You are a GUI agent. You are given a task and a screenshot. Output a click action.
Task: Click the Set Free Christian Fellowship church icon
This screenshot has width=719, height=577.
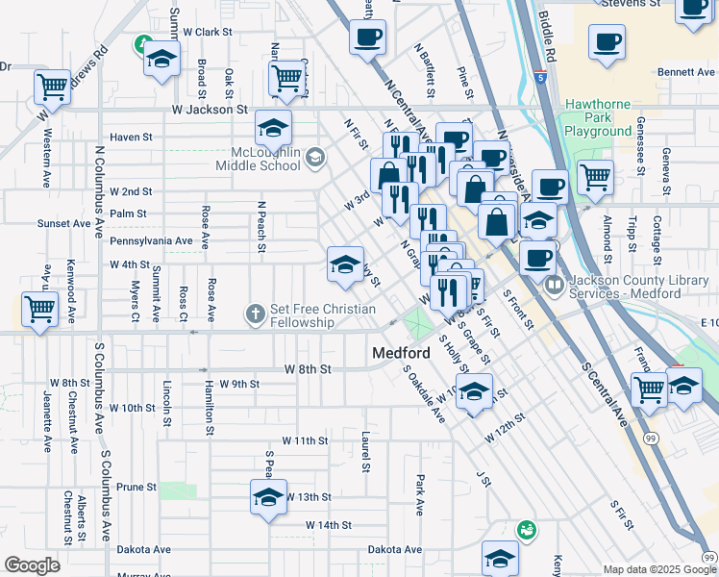click(255, 314)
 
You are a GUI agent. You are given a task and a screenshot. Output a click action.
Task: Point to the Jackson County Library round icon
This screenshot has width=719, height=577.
click(555, 286)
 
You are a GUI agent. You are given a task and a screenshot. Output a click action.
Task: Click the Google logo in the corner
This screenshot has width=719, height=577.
click(32, 565)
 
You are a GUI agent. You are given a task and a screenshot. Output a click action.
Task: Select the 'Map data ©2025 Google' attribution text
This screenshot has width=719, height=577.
click(659, 569)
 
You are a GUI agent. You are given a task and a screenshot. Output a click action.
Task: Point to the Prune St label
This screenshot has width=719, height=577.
click(136, 488)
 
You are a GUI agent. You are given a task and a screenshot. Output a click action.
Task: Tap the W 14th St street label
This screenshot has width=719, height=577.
click(329, 525)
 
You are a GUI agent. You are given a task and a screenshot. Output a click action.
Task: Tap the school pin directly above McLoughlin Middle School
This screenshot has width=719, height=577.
click(273, 127)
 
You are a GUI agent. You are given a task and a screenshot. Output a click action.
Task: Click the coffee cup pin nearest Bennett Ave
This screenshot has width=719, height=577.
click(607, 43)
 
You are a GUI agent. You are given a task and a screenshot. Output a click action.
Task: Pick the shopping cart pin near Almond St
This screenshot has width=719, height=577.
click(595, 177)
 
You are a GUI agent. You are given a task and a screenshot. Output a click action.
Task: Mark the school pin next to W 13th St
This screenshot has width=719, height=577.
click(268, 496)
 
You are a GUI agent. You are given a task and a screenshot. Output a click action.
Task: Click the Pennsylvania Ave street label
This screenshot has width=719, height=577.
click(151, 240)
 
